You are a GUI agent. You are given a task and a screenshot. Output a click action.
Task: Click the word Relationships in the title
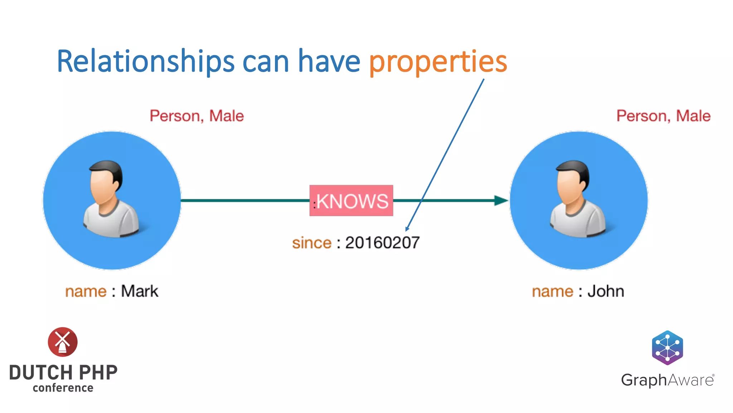pyautogui.click(x=145, y=62)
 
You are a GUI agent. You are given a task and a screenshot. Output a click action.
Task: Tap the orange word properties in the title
pyautogui.click(x=438, y=62)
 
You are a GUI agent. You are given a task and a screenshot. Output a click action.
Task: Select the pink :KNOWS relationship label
pyautogui.click(x=351, y=201)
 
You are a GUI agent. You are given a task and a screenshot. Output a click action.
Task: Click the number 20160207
pyautogui.click(x=382, y=243)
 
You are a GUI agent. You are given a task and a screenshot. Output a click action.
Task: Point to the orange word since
pyautogui.click(x=312, y=243)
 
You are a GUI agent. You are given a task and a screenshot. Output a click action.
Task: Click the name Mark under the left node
pyautogui.click(x=140, y=291)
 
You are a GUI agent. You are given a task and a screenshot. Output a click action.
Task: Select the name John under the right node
pyautogui.click(x=606, y=291)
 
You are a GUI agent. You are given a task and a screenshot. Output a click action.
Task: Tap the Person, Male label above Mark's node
pyautogui.click(x=196, y=116)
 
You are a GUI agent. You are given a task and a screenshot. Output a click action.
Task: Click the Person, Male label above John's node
pyautogui.click(x=663, y=116)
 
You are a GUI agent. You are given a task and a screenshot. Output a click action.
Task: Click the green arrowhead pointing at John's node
pyautogui.click(x=501, y=200)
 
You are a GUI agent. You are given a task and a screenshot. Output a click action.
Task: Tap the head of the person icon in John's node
pyautogui.click(x=572, y=181)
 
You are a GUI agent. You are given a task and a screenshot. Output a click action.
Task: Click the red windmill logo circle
pyautogui.click(x=63, y=342)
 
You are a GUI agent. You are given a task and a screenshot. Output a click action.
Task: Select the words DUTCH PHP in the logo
pyautogui.click(x=63, y=372)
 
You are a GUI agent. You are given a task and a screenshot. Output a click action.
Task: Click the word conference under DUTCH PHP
pyautogui.click(x=63, y=388)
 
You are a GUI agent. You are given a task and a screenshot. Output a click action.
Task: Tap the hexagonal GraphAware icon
pyautogui.click(x=668, y=347)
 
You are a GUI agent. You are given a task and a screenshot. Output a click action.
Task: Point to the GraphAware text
pyautogui.click(x=668, y=380)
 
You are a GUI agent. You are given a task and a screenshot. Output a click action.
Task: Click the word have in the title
pyautogui.click(x=329, y=62)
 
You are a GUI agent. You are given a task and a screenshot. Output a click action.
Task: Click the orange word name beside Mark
pyautogui.click(x=86, y=291)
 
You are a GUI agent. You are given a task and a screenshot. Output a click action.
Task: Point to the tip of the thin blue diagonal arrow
pyautogui.click(x=406, y=231)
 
